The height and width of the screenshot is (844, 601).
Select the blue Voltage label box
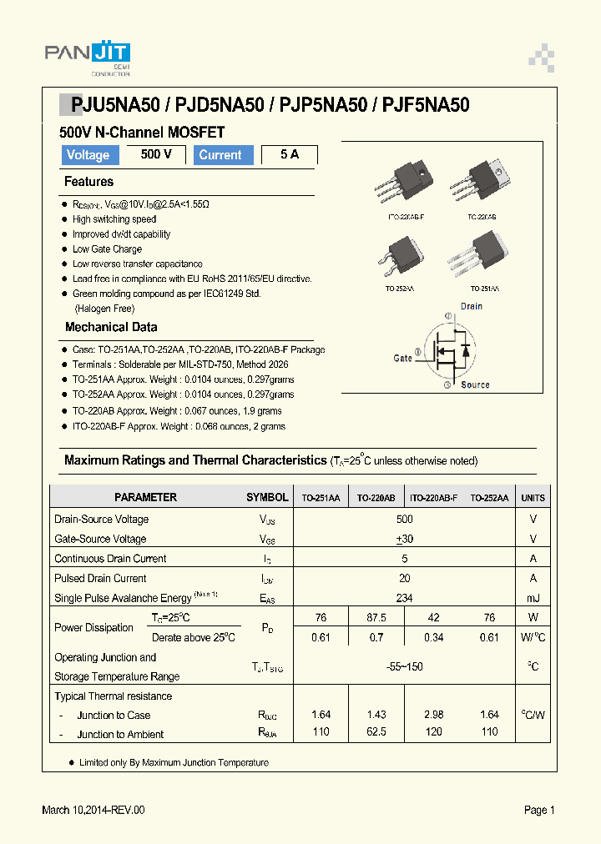tap(88, 155)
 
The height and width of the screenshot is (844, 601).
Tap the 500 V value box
tap(156, 154)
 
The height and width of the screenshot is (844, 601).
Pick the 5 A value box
tap(290, 154)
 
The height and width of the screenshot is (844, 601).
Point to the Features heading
tap(88, 182)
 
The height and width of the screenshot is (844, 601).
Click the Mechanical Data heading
tap(111, 328)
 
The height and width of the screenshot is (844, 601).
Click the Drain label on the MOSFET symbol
tap(472, 306)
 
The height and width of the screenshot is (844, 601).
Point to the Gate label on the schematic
tap(403, 358)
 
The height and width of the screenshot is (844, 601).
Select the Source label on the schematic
tap(475, 384)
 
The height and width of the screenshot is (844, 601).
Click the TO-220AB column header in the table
tap(376, 498)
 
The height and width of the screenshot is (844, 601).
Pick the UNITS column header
tap(533, 498)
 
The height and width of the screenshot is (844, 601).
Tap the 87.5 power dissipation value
tap(376, 618)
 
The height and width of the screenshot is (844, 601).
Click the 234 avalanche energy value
tap(405, 598)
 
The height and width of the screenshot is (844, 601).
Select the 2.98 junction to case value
tap(433, 715)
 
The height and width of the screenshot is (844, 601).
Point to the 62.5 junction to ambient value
tap(376, 732)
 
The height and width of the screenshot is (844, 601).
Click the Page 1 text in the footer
tap(539, 810)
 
